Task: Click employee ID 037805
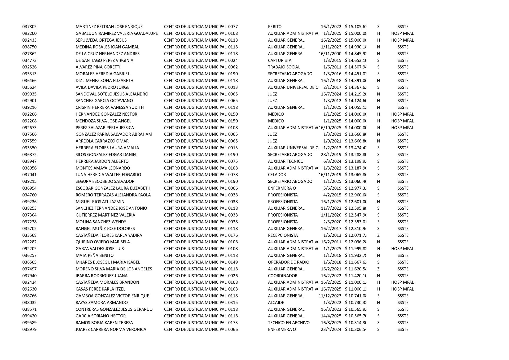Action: click(x=29, y=27)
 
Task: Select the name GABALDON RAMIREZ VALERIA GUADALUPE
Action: click(x=117, y=33)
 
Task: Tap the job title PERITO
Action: click(x=275, y=27)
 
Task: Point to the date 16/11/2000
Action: click(x=330, y=54)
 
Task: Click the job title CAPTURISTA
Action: click(x=279, y=60)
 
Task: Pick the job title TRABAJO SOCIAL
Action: click(x=284, y=67)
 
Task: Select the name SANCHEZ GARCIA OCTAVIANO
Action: click(x=104, y=101)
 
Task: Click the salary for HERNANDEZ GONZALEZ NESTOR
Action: click(x=356, y=114)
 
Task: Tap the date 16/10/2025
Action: click(x=330, y=128)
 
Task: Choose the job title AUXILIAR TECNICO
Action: click(x=286, y=161)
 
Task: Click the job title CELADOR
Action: click(x=277, y=175)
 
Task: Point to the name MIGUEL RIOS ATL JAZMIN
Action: click(x=100, y=202)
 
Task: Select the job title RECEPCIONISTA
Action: click(x=283, y=235)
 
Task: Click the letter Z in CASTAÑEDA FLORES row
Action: click(x=378, y=235)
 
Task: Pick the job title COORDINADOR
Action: click(x=283, y=276)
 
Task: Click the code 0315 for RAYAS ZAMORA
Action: click(x=233, y=303)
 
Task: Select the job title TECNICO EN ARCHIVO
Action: click(x=289, y=323)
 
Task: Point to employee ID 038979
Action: click(x=29, y=330)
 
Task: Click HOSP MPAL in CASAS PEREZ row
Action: click(x=402, y=289)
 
